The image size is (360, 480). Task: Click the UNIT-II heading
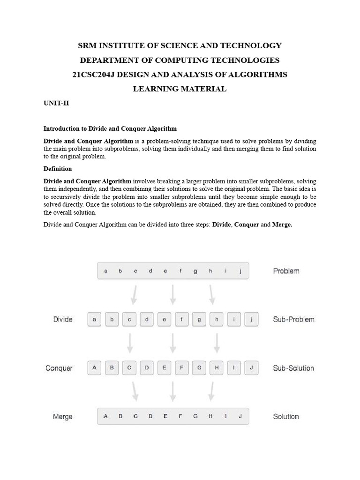(x=56, y=103)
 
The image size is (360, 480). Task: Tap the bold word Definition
(x=58, y=169)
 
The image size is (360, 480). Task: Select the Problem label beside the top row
(x=286, y=271)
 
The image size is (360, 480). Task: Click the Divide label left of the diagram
(x=63, y=320)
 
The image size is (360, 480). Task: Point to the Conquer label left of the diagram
(x=59, y=368)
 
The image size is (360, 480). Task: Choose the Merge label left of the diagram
(x=62, y=417)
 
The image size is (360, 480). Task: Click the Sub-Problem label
(x=293, y=320)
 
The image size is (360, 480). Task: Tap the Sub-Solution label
(x=293, y=368)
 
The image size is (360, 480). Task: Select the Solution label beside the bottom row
(x=286, y=417)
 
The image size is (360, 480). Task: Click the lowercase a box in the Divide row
(x=94, y=320)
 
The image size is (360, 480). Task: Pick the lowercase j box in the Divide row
(x=251, y=320)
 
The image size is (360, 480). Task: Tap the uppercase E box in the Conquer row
(x=164, y=368)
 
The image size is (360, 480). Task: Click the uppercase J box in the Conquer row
(x=251, y=368)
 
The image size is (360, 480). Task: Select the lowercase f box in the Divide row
(x=181, y=320)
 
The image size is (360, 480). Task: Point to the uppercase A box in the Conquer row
(x=94, y=368)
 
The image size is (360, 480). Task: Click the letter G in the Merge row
(x=195, y=416)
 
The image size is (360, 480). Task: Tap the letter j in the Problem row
(x=240, y=271)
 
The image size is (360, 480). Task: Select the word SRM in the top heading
(x=87, y=45)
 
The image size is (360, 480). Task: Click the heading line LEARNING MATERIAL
(x=180, y=89)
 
